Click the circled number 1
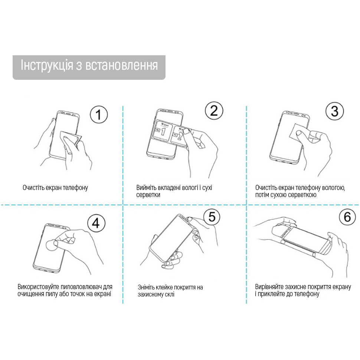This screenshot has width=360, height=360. [x=99, y=114]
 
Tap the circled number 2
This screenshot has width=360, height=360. [x=214, y=111]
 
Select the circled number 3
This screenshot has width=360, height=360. [x=335, y=111]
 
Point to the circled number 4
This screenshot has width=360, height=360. [x=96, y=223]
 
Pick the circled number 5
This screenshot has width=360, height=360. [x=212, y=216]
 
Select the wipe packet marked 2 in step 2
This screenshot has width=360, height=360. [x=178, y=134]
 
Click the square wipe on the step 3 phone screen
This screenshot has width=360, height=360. [x=299, y=131]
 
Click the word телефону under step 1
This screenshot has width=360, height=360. [x=76, y=187]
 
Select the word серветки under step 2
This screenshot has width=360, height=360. [x=148, y=195]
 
